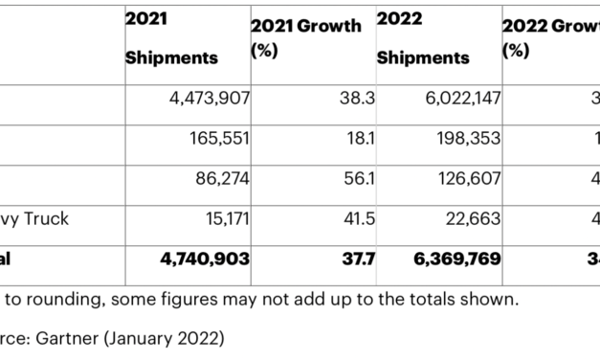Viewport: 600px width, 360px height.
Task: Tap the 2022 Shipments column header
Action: tap(422, 39)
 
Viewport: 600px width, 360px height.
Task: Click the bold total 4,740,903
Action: tap(197, 259)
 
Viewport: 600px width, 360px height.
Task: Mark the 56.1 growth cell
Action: tap(359, 178)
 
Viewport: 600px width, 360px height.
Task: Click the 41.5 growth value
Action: tap(359, 218)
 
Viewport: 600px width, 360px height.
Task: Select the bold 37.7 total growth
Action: tap(358, 259)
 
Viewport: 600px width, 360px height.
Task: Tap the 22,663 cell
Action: tap(472, 218)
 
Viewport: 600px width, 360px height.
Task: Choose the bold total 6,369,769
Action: tap(449, 259)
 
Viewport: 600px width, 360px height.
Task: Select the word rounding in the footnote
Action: tap(70, 300)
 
